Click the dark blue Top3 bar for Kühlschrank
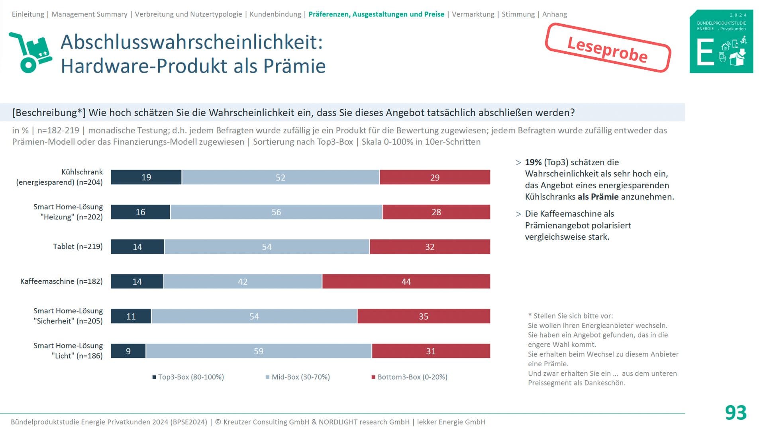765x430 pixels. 146,177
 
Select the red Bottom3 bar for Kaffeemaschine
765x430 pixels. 406,281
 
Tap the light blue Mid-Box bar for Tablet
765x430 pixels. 267,247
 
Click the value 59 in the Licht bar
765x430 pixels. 259,351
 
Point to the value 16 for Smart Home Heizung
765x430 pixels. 140,212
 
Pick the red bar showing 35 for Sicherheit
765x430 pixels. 424,317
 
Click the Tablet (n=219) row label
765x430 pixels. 78,246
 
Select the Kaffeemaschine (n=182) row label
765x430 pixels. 61,281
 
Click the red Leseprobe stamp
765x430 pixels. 608,49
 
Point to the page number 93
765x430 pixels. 736,412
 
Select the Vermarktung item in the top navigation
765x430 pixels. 473,14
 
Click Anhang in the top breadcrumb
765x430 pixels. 554,14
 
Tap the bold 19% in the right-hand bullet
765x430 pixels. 533,162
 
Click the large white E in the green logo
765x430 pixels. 706,52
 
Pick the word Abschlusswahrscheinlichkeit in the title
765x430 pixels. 192,42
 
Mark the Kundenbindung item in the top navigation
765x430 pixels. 275,14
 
